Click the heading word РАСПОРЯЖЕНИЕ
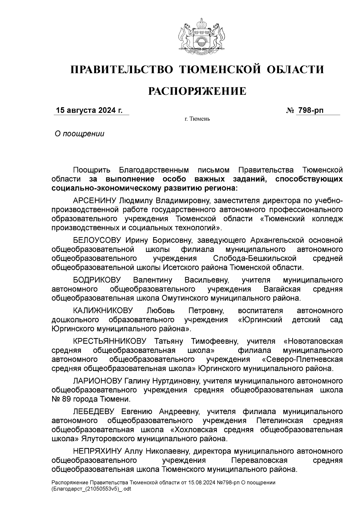click(198, 91)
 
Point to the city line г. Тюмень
click(197, 119)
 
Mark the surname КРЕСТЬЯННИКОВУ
click(109, 341)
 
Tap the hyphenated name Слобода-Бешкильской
click(255, 259)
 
